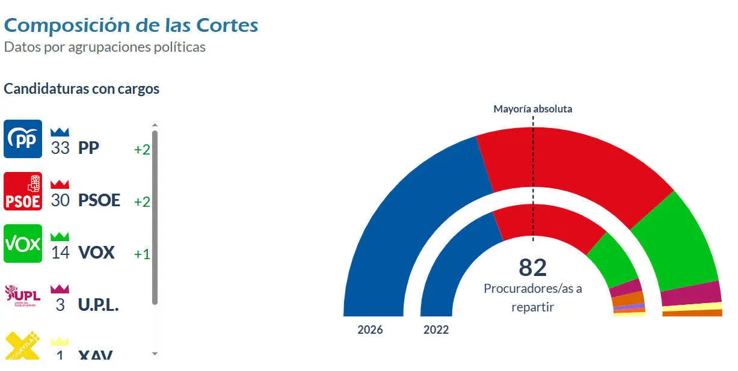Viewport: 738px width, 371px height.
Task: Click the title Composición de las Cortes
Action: point(131,25)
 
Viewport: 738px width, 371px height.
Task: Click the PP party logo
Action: point(23,139)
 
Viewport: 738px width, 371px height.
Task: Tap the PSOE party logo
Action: point(23,191)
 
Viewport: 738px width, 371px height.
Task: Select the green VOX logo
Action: point(23,244)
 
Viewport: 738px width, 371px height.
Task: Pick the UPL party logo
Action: point(23,295)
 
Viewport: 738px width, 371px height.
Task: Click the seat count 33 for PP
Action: point(60,149)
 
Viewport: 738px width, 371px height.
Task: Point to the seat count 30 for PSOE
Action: point(60,201)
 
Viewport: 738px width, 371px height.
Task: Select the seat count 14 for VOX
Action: point(60,253)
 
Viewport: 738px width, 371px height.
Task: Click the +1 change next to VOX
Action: point(142,254)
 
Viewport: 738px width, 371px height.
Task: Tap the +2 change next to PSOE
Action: point(142,201)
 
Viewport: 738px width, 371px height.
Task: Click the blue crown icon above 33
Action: point(60,131)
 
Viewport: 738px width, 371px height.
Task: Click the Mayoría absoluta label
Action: point(532,109)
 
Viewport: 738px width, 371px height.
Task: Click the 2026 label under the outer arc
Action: point(370,330)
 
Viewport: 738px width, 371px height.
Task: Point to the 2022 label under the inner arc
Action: point(436,330)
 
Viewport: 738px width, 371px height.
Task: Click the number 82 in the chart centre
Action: point(532,268)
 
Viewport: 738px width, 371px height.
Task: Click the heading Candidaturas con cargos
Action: point(82,89)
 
